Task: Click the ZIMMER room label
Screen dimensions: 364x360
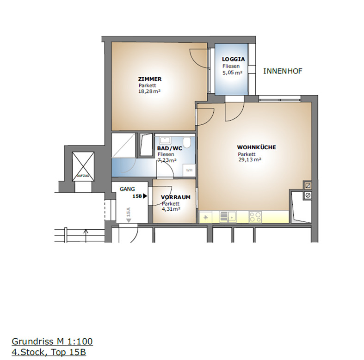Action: (150, 79)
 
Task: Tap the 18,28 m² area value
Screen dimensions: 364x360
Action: (149, 91)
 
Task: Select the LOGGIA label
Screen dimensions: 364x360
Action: (233, 59)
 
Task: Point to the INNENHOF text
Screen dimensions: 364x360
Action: (283, 71)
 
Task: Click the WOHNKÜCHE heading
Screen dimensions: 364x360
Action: (257, 147)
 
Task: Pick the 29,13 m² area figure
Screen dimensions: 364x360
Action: (250, 159)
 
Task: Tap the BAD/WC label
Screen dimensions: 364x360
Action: (170, 148)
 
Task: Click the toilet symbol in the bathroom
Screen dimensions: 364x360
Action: (187, 142)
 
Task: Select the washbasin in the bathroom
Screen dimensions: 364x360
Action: (165, 140)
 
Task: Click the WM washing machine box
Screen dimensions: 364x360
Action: (189, 171)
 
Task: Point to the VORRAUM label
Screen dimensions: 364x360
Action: (176, 197)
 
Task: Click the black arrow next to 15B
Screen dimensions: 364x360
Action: (145, 196)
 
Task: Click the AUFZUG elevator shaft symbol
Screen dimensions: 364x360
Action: (83, 166)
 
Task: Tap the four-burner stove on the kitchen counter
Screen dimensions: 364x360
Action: (255, 217)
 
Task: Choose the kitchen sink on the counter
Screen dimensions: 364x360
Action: (228, 217)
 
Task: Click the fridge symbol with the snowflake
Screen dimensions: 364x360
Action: (206, 217)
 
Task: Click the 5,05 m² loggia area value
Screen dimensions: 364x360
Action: (233, 73)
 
